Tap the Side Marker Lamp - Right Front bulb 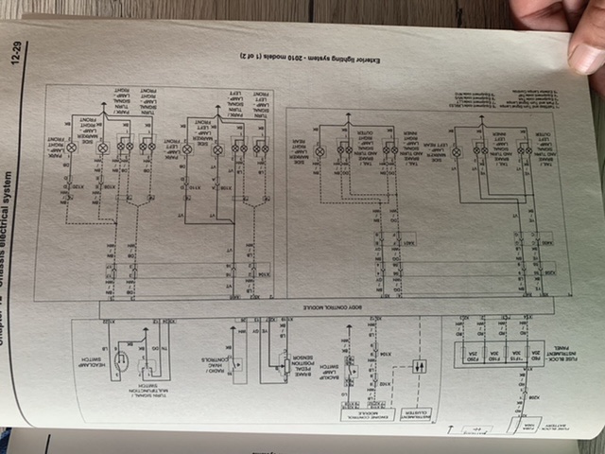pos(101,148)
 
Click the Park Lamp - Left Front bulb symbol pos(187,148)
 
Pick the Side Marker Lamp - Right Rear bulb pos(320,151)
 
